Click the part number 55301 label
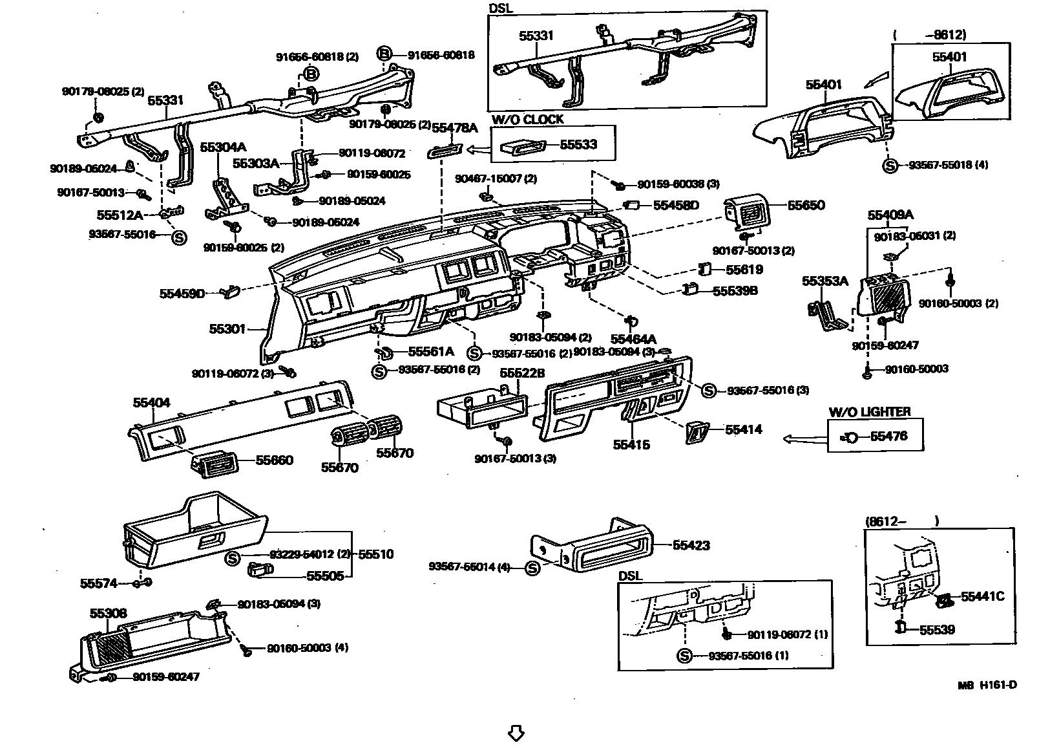coord(227,329)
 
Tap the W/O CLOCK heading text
coord(527,120)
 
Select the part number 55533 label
coord(578,144)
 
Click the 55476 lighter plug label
coord(888,436)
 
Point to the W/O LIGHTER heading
coord(870,412)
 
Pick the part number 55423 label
coord(691,545)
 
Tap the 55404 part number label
coord(152,403)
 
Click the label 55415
coord(631,445)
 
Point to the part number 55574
coord(99,583)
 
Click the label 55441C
coord(982,596)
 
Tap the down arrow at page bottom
coord(516,733)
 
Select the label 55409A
coord(890,215)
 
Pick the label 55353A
coord(824,281)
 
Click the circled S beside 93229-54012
coord(233,557)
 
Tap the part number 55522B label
coord(522,374)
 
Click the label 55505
coord(325,576)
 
